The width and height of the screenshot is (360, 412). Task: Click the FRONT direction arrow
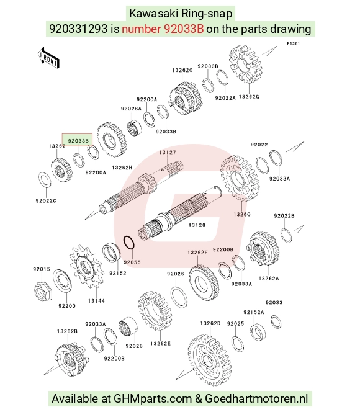[x=48, y=58]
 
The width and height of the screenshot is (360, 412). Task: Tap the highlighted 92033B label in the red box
[x=78, y=141]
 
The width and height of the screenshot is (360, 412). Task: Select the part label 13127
[x=168, y=152]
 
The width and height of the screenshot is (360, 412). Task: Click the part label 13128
[x=197, y=225]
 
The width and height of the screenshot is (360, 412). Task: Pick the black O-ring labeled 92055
[x=129, y=242]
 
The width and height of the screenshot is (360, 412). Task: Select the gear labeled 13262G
[x=246, y=63]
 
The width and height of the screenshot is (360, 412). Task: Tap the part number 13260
[x=241, y=215]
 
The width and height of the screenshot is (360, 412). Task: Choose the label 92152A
[x=253, y=312]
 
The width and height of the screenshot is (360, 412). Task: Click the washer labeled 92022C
[x=45, y=180]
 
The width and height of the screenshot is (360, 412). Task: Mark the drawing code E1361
[x=293, y=43]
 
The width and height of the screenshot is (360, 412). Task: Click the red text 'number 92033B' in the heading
[x=163, y=29]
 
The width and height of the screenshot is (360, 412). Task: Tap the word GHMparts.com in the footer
[x=153, y=398]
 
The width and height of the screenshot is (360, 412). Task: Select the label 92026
[x=176, y=274]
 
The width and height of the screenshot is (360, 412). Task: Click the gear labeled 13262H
[x=111, y=139]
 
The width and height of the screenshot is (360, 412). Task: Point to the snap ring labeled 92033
[x=276, y=321]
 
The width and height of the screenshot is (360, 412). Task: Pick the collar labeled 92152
[x=111, y=253]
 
